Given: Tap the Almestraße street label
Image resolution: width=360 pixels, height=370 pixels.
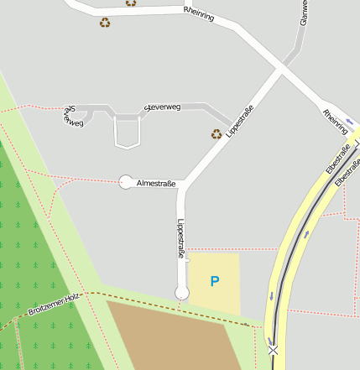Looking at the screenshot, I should click(x=156, y=182).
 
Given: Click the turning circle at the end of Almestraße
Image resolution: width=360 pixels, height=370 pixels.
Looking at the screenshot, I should click(x=127, y=182).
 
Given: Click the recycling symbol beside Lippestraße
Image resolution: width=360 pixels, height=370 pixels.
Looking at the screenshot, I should click(x=217, y=133).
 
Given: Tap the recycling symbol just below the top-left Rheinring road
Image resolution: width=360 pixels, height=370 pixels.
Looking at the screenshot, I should click(x=105, y=23).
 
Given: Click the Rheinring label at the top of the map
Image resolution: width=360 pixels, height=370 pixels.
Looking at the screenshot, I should click(x=198, y=13).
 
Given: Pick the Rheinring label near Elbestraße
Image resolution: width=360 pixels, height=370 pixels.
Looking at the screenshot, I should click(x=335, y=122).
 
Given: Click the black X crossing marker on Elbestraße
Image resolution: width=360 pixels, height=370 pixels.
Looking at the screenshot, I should click(x=273, y=349).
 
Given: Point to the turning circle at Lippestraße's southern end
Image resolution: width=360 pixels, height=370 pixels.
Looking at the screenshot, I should click(x=181, y=292).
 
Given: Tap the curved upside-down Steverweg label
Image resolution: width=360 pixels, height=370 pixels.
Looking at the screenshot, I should click(x=73, y=117).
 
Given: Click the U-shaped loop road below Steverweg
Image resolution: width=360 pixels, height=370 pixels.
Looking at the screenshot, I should click(x=127, y=134).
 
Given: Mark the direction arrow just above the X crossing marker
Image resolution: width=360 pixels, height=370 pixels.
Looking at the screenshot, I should click(x=272, y=295).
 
